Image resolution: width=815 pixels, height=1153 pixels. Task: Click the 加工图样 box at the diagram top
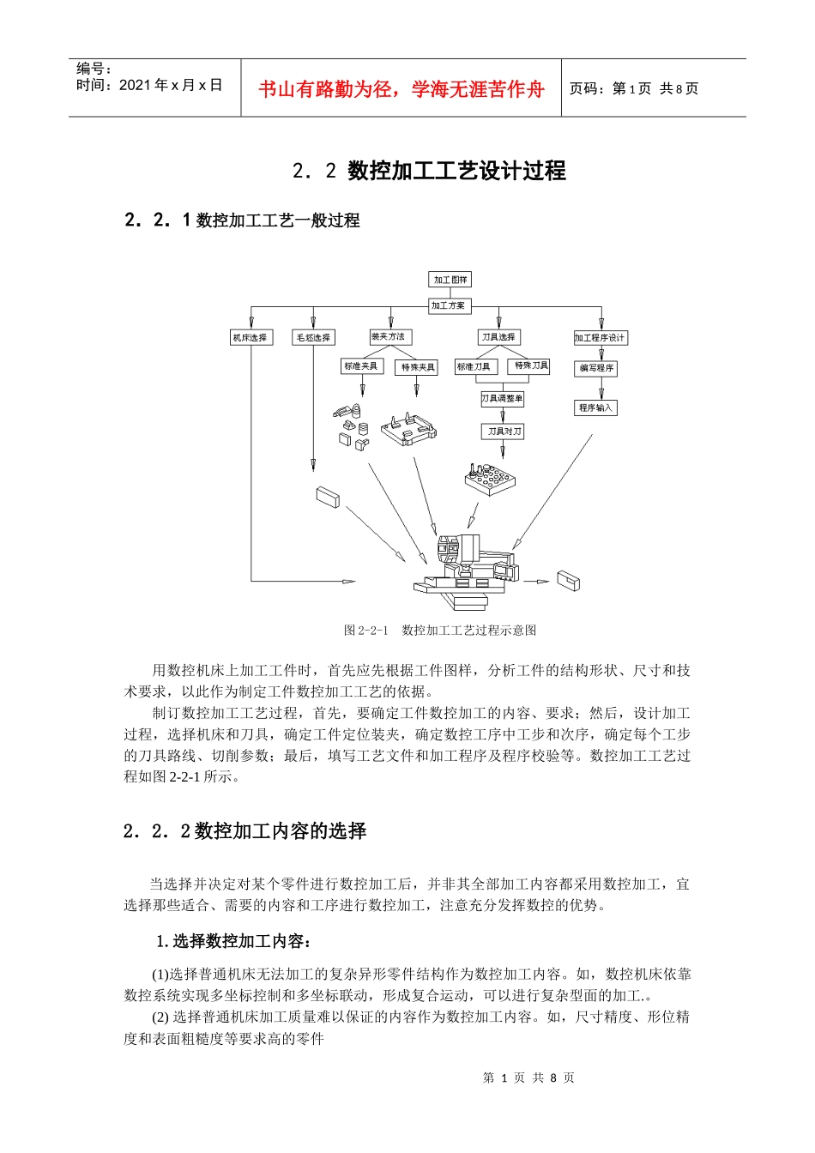pos(450,280)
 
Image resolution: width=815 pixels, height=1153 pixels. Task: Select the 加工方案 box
pos(448,305)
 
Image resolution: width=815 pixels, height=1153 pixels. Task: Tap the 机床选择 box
pos(250,338)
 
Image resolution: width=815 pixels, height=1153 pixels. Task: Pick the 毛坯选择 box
pos(313,338)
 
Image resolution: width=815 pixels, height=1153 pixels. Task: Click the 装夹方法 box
pos(388,337)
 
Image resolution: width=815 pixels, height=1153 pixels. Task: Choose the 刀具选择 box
pos(498,338)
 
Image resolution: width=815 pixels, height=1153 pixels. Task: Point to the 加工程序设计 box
pos(600,338)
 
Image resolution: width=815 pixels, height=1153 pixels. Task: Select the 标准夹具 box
pos(360,366)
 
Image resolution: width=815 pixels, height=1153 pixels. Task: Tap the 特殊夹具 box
pos(418,367)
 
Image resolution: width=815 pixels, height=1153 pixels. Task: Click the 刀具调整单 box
pos(502,399)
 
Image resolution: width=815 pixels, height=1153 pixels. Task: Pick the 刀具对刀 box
pos(504,432)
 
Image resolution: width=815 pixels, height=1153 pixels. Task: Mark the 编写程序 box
pos(596,368)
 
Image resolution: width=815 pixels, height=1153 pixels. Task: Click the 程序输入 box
pos(595,407)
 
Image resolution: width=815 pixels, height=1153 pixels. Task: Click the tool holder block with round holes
pos(490,480)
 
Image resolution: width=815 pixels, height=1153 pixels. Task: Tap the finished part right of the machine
pos(568,581)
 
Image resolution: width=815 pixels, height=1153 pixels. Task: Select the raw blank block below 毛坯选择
pos(328,497)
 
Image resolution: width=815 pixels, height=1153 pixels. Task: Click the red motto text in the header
pos(401,89)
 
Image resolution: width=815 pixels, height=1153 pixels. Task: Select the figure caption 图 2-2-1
pos(440,631)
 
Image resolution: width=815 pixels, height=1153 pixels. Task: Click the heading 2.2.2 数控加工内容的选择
pos(245,831)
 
